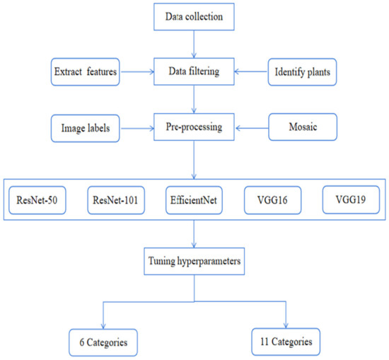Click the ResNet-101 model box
coord(119,199)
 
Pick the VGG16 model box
coord(272,199)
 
